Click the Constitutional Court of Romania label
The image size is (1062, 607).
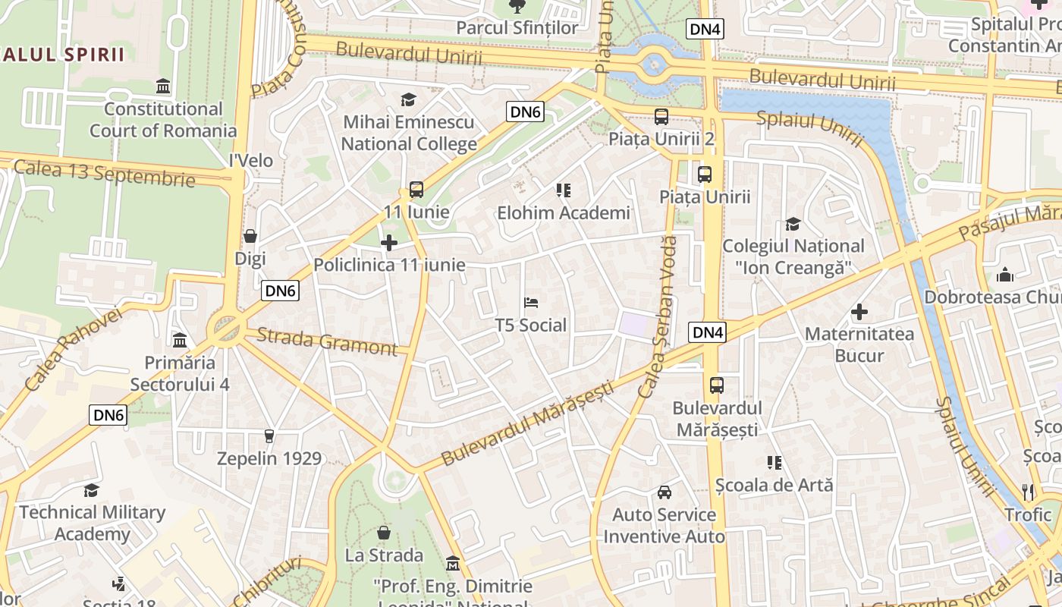click(163, 120)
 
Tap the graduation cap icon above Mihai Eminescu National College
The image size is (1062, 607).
click(408, 100)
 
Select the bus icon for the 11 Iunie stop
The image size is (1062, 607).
click(416, 190)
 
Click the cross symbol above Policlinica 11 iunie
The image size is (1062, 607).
click(389, 243)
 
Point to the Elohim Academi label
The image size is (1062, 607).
click(563, 213)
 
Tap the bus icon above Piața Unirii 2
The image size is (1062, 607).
click(661, 117)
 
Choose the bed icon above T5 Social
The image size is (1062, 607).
click(531, 303)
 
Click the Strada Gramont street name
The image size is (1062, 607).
click(327, 341)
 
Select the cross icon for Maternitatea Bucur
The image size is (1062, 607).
click(859, 312)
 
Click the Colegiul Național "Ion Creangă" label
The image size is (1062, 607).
click(793, 256)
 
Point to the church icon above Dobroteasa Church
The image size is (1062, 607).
click(1005, 274)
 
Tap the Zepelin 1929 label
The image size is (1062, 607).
click(269, 458)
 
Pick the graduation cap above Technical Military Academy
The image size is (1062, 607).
click(91, 490)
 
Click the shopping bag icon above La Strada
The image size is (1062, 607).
click(384, 533)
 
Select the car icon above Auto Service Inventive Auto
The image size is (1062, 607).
click(665, 492)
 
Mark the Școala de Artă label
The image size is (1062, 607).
click(774, 485)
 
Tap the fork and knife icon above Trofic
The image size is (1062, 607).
click(1028, 492)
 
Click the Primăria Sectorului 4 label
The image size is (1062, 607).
click(180, 373)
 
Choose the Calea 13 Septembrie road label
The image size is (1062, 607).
click(104, 173)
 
